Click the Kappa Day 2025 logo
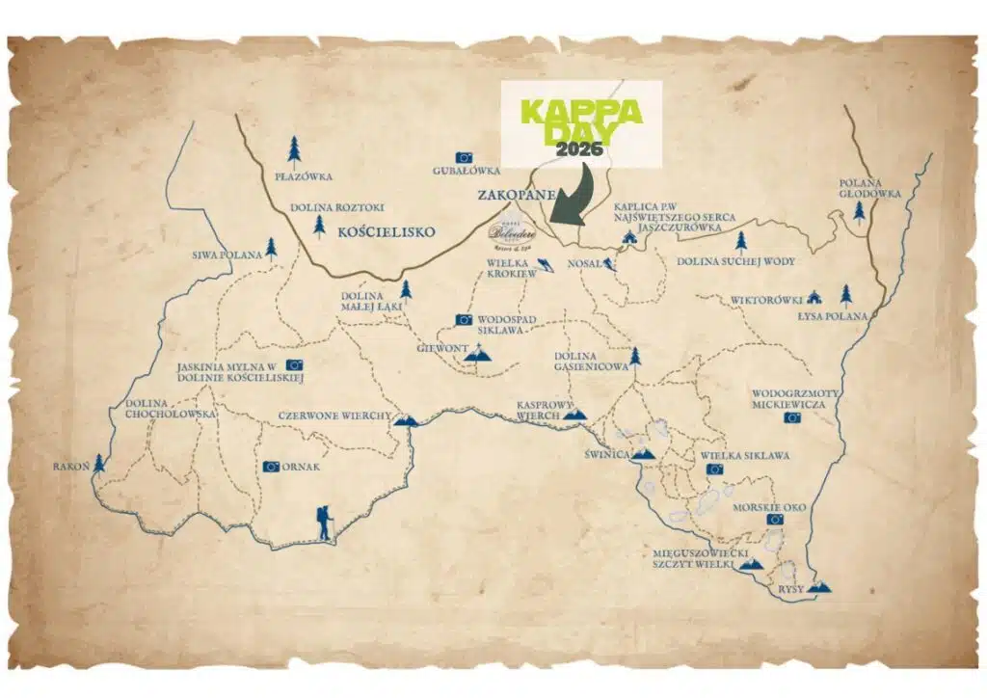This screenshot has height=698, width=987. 581,122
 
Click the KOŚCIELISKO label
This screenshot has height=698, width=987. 387,232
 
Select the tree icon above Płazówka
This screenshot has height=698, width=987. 294,149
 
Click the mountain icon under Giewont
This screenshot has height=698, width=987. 477,357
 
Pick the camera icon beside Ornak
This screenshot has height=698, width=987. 271,467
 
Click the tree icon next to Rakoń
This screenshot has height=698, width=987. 98,465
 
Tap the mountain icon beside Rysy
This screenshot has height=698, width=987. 819,585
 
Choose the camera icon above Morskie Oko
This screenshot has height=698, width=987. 775,519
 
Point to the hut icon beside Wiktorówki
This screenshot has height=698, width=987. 814,297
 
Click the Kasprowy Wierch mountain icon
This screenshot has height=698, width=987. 574,415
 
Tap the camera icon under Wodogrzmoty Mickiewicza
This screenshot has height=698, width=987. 791,417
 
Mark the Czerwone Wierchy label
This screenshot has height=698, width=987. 334,416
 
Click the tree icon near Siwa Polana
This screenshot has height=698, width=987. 271,249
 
